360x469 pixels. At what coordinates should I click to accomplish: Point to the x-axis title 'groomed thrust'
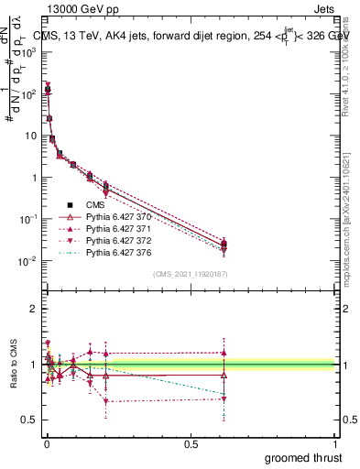[304, 456]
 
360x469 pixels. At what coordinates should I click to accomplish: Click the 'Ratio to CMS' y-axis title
[14, 366]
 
